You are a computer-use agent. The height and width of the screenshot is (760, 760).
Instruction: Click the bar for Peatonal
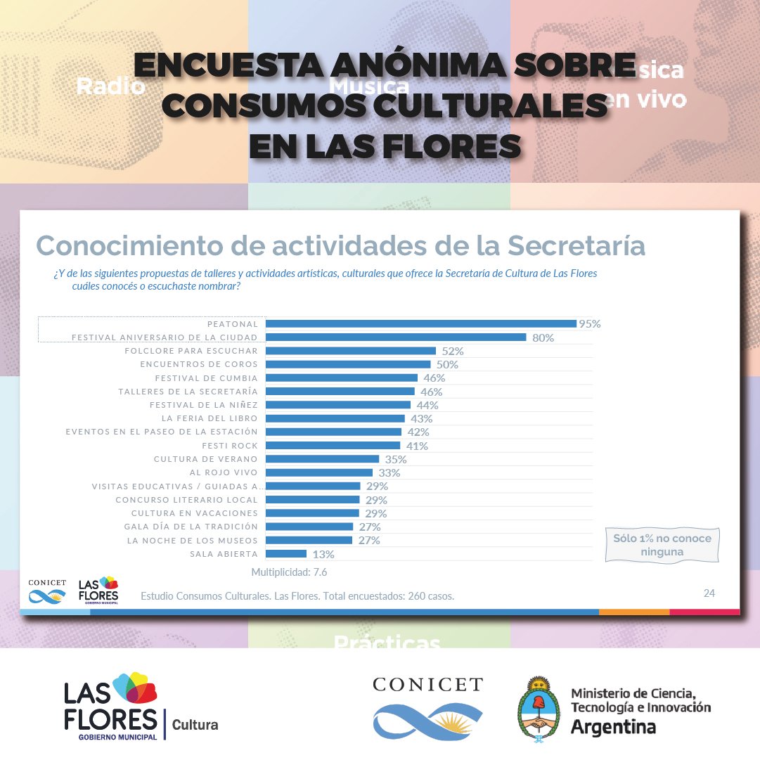(420, 323)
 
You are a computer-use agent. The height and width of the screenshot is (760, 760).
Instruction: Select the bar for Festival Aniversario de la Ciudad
(395, 337)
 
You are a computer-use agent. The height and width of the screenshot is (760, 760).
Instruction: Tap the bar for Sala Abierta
(285, 554)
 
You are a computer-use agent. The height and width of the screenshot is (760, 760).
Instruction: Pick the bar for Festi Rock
(332, 446)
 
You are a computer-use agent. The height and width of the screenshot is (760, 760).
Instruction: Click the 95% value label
(589, 324)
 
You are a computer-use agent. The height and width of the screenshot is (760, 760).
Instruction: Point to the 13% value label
(323, 554)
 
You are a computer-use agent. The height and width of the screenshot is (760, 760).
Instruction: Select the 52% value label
(453, 351)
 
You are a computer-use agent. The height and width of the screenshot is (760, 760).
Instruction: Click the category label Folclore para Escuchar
(191, 350)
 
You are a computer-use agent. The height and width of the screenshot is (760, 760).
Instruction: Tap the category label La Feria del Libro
(209, 418)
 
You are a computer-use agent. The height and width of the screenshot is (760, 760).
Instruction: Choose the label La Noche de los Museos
(192, 540)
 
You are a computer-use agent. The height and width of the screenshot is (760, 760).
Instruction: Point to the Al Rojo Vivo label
(224, 472)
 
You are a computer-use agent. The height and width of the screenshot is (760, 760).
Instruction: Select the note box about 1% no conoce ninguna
(662, 545)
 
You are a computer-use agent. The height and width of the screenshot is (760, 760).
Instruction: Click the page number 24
(709, 593)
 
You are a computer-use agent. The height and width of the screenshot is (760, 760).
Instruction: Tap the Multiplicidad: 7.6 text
(289, 572)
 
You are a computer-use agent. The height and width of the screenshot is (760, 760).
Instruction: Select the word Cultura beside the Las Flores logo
(195, 724)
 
